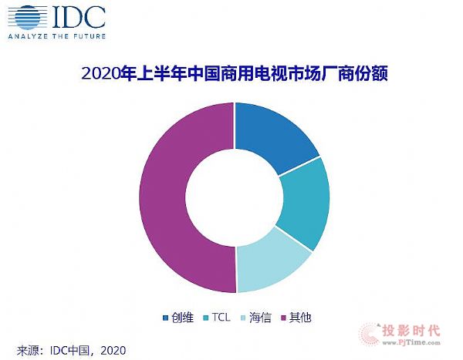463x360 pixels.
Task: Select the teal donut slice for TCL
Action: pyautogui.click(x=302, y=202)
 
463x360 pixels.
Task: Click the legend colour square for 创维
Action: pyautogui.click(x=165, y=317)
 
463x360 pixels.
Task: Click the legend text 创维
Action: pyautogui.click(x=181, y=317)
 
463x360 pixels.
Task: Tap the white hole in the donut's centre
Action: pyautogui.click(x=235, y=197)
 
